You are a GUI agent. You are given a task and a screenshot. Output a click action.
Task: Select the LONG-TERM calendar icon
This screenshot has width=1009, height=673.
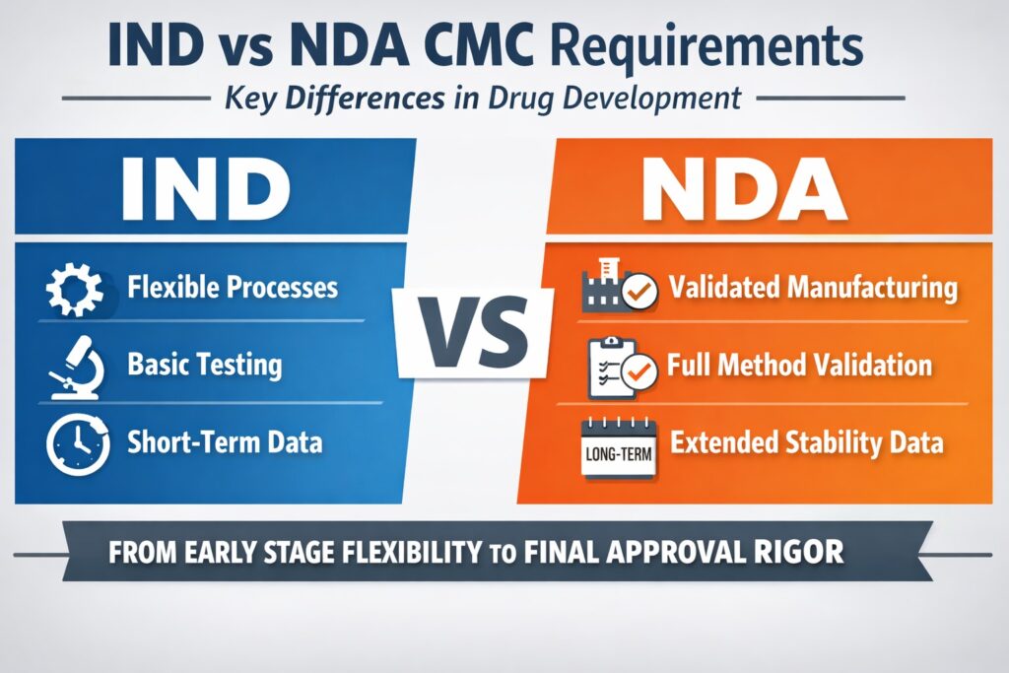618,448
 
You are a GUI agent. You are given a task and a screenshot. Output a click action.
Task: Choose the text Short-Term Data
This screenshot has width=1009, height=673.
225,442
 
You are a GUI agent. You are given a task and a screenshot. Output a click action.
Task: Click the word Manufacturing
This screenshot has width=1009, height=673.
874,288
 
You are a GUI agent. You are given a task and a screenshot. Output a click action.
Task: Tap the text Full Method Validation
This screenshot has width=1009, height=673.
799,366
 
